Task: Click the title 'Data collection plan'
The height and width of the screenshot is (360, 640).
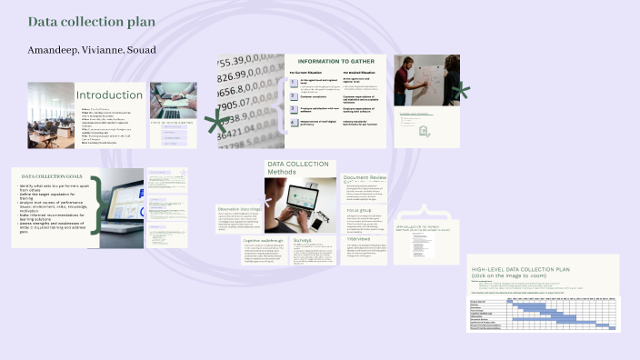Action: tap(91, 21)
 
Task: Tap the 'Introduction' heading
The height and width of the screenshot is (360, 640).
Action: tap(109, 95)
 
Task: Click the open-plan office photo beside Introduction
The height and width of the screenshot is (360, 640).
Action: tap(50, 115)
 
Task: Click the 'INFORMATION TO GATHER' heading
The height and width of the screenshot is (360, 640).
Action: tap(336, 61)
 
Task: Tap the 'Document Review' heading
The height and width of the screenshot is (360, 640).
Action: tap(365, 177)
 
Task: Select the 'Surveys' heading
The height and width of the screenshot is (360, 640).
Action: tap(303, 241)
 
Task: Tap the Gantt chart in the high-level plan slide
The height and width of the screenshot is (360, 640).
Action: tap(544, 314)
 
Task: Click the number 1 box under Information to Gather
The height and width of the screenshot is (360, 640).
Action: tap(294, 83)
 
